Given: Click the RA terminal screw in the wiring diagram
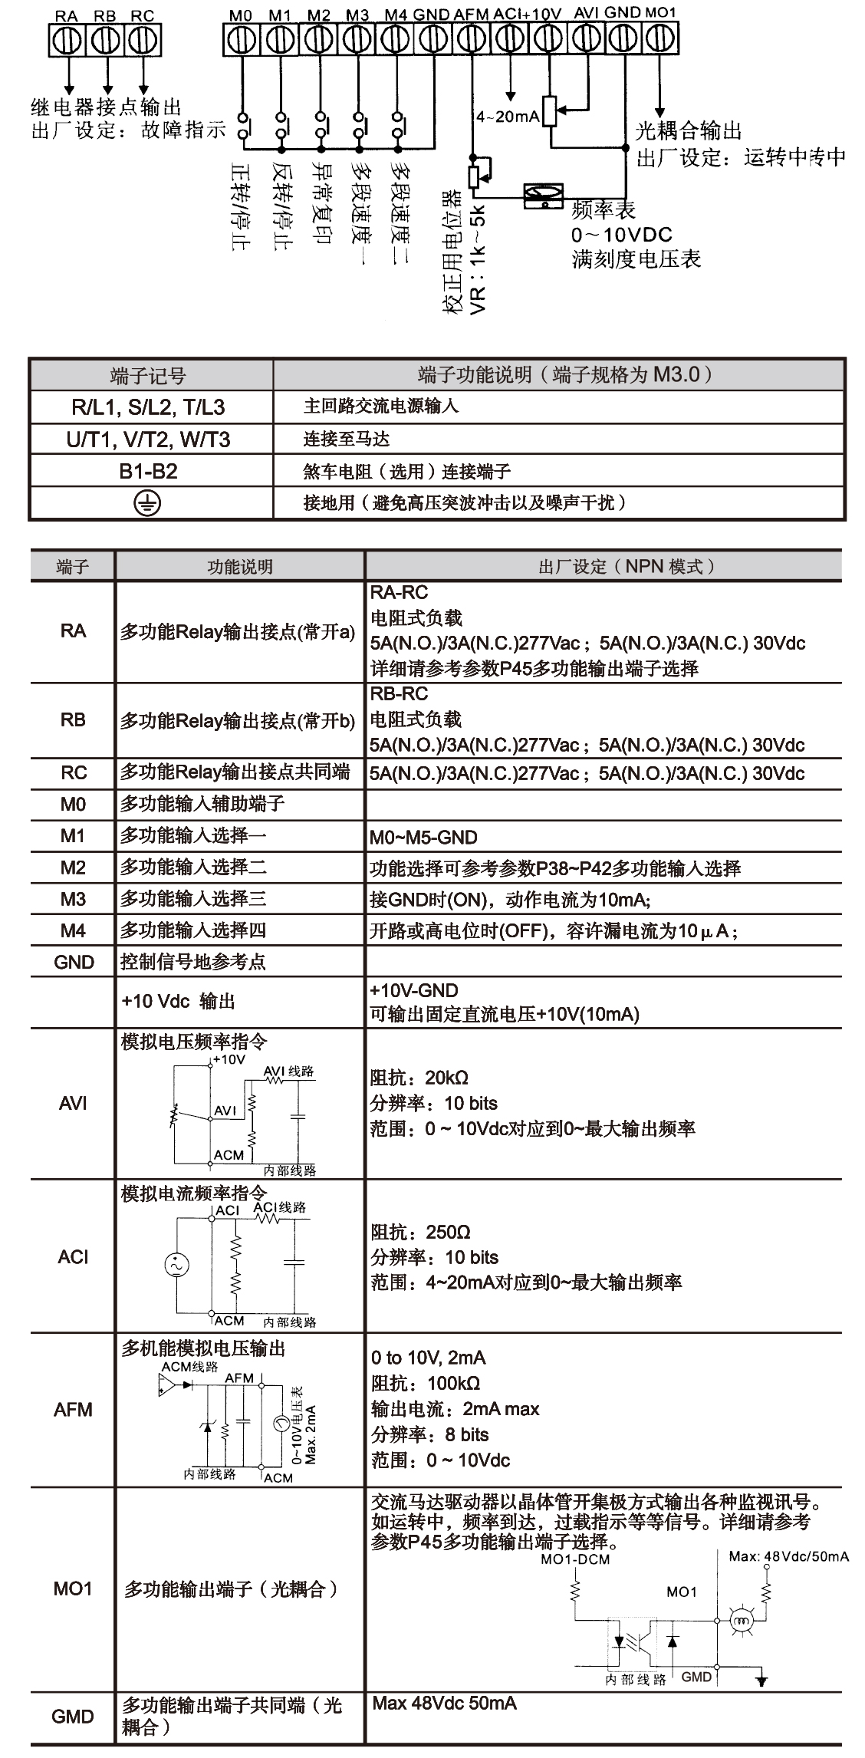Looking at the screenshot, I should click(67, 40).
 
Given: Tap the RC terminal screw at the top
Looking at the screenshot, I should click(142, 40).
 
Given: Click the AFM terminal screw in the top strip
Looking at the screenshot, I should click(472, 38).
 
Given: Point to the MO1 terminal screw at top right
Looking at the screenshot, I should click(660, 38).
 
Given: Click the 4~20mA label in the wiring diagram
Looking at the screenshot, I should click(508, 117).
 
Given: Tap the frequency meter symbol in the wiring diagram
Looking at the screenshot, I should click(544, 196).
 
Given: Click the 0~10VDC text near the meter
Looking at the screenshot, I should click(621, 235).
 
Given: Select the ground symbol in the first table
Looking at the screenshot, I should click(147, 503).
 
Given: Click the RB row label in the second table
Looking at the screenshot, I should click(73, 720).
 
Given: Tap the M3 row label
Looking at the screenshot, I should click(73, 899).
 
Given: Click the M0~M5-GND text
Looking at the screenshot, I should click(423, 837).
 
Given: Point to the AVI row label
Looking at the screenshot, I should click(73, 1103).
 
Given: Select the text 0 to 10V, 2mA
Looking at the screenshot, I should click(428, 1358).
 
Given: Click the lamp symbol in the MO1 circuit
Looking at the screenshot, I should click(741, 1620).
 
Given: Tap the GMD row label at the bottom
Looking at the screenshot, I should click(73, 1717).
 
